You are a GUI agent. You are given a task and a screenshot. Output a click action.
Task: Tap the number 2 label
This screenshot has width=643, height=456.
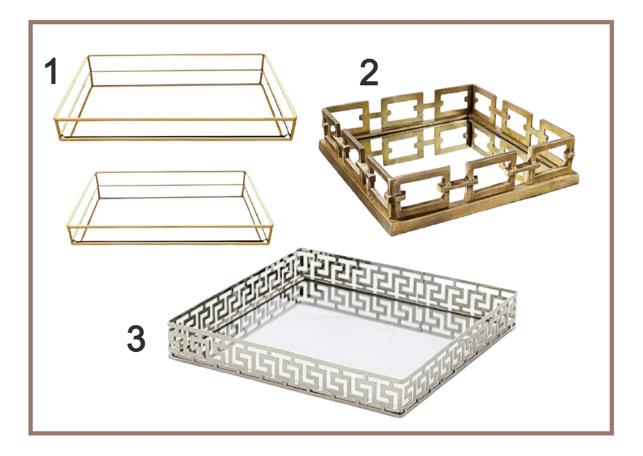(x=368, y=73)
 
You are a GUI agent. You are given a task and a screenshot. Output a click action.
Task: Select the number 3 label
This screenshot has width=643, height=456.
(x=136, y=339)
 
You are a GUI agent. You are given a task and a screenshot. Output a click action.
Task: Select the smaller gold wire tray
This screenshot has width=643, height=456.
(x=170, y=207)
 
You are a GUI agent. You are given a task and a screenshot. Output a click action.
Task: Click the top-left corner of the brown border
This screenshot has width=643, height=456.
(x=30, y=23)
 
